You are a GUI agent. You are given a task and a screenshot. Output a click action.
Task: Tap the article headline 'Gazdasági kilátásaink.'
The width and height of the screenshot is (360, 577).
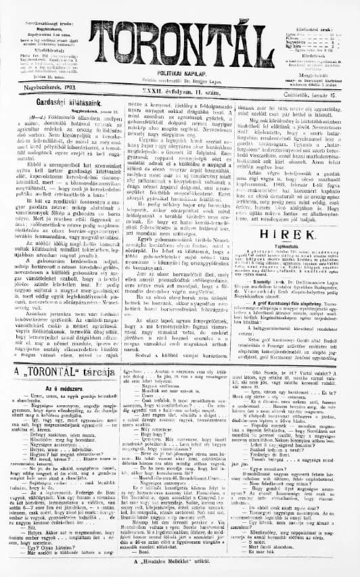[59, 98]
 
